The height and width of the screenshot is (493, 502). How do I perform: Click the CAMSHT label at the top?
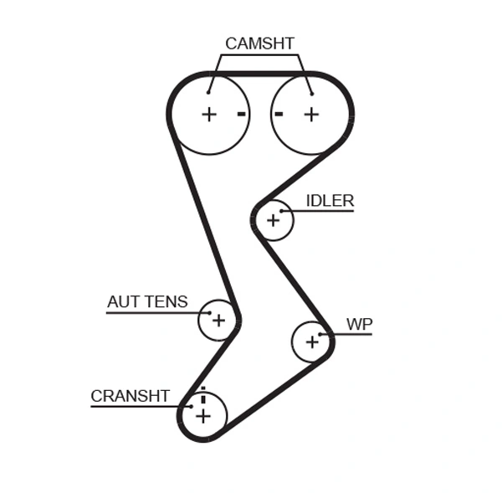click(259, 44)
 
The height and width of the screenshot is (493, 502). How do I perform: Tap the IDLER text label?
click(330, 201)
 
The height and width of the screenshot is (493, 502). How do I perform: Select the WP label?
click(359, 324)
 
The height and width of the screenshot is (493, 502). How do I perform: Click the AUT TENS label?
click(147, 302)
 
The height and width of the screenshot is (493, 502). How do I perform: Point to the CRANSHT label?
click(130, 396)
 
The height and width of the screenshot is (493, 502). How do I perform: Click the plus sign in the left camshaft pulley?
click(208, 114)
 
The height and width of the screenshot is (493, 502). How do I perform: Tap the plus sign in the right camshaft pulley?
click(311, 114)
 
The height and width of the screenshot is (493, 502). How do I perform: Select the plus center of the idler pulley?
click(273, 220)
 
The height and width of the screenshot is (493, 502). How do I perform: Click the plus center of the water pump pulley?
click(312, 341)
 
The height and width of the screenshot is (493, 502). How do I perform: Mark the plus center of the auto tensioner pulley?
click(218, 320)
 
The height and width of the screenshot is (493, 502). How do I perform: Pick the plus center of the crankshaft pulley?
click(203, 415)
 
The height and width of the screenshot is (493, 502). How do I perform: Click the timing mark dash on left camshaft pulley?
click(241, 114)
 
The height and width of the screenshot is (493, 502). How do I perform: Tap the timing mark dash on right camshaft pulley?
click(279, 114)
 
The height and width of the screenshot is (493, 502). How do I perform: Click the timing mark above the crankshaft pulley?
click(202, 390)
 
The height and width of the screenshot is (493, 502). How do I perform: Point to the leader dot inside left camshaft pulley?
click(209, 93)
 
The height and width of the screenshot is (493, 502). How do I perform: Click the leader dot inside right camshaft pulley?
click(310, 93)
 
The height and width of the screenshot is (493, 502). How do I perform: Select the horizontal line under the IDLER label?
click(322, 211)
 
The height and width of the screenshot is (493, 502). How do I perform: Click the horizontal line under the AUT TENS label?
click(155, 312)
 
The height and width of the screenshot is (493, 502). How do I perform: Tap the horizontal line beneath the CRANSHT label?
click(134, 407)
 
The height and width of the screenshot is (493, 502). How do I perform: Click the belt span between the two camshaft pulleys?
click(260, 74)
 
